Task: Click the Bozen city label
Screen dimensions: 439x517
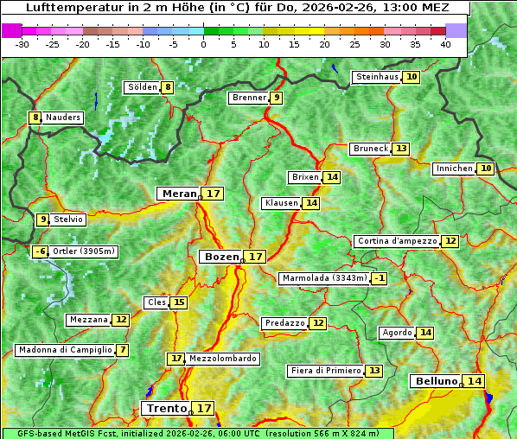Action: coord(220,257)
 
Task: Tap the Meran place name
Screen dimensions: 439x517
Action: coord(179,194)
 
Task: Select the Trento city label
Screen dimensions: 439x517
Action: coord(167,408)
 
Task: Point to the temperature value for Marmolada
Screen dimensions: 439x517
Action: coord(379,278)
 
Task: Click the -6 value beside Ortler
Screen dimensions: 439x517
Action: coord(40,251)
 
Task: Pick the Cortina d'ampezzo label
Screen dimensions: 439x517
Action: coord(396,241)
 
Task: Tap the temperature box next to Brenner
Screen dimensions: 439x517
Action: coord(276,98)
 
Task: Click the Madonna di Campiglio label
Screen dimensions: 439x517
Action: coord(65,350)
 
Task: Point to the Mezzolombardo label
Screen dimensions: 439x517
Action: coord(222,358)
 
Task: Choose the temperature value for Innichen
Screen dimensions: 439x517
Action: coord(486,169)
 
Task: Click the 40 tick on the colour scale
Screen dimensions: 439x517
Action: coord(445,44)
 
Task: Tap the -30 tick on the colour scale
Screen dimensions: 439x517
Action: coord(22,44)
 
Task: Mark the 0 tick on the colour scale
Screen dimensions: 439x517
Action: coord(204,44)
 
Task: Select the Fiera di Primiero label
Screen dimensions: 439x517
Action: coord(325,371)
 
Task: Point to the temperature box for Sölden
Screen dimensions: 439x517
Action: coord(168,87)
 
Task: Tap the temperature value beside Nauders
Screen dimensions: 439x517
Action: coord(35,118)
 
